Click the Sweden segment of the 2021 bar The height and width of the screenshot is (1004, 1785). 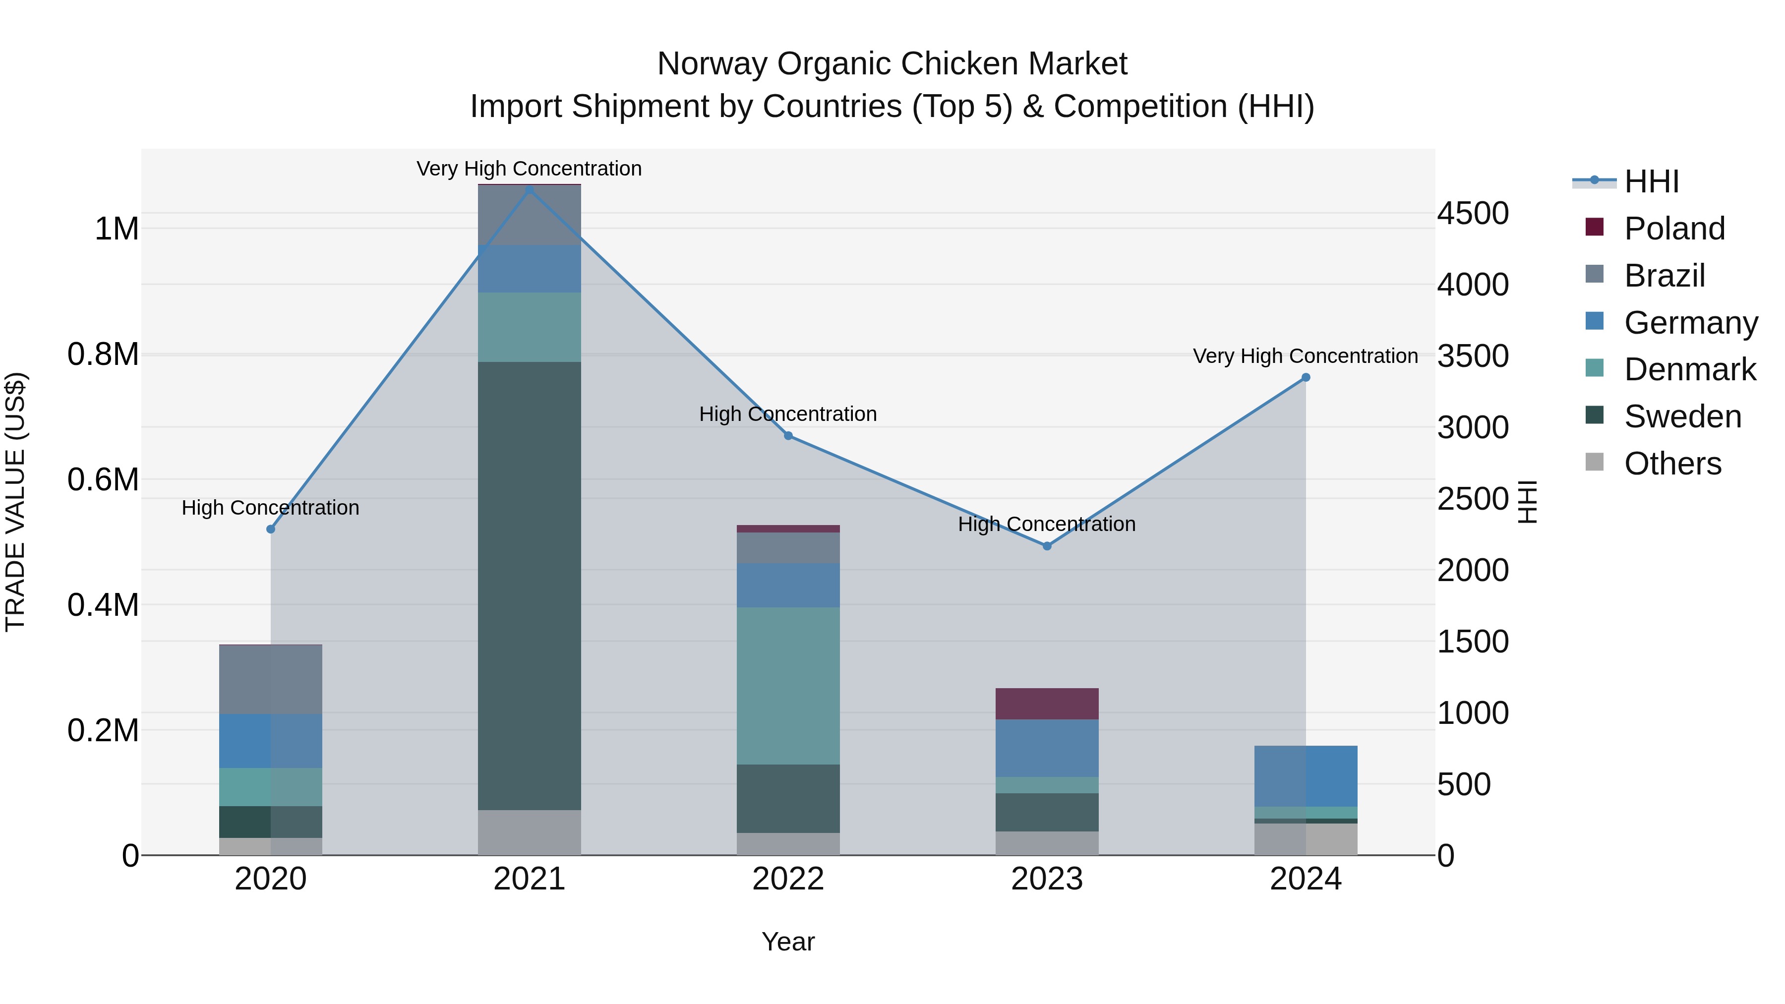(530, 586)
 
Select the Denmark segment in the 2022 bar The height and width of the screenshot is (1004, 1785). (788, 686)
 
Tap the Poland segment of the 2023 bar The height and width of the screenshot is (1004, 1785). (1047, 704)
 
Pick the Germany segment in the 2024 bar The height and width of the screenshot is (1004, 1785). (1306, 776)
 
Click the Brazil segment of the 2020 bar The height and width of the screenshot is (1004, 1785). (270, 679)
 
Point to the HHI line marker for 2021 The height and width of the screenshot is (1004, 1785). (530, 190)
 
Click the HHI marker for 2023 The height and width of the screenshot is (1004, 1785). (1047, 546)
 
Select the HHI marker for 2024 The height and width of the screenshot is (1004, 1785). (1306, 378)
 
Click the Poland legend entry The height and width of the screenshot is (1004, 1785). (1673, 229)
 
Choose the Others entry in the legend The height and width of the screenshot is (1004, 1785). (1672, 464)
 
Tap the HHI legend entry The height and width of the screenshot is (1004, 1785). (1651, 181)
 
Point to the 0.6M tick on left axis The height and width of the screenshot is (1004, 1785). (103, 479)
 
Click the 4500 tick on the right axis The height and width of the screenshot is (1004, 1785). (1473, 213)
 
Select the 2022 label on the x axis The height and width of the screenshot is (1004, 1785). (788, 879)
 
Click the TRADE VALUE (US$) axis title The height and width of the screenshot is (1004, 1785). (15, 502)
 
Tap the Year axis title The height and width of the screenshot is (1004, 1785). (788, 942)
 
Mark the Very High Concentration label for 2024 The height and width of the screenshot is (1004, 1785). (1305, 356)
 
